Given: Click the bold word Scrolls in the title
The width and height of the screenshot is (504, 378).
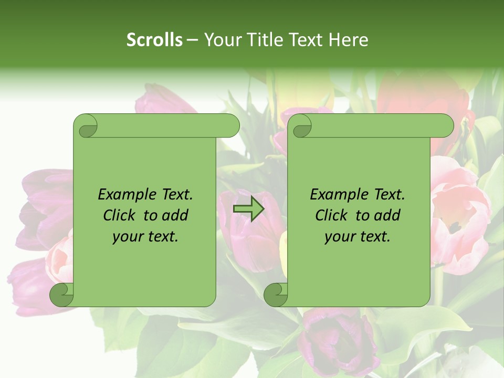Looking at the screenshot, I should click(x=154, y=39).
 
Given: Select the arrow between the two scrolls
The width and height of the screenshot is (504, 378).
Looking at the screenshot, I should click(x=248, y=209).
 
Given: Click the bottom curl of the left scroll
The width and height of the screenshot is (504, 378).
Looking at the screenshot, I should click(x=62, y=294).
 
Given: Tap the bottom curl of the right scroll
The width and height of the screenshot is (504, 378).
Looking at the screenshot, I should click(x=276, y=294).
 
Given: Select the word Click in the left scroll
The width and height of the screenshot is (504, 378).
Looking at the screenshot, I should click(x=120, y=215).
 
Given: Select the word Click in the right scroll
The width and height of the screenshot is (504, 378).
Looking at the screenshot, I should click(x=331, y=215).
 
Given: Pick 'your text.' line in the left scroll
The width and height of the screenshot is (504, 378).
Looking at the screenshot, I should click(x=145, y=236).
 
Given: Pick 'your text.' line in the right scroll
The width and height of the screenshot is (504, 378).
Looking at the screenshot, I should click(x=357, y=236).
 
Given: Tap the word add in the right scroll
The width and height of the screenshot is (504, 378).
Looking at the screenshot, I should click(x=387, y=215).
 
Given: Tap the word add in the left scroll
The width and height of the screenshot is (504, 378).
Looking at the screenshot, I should click(x=175, y=215).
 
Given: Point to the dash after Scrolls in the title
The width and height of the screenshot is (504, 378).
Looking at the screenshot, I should click(x=192, y=40).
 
